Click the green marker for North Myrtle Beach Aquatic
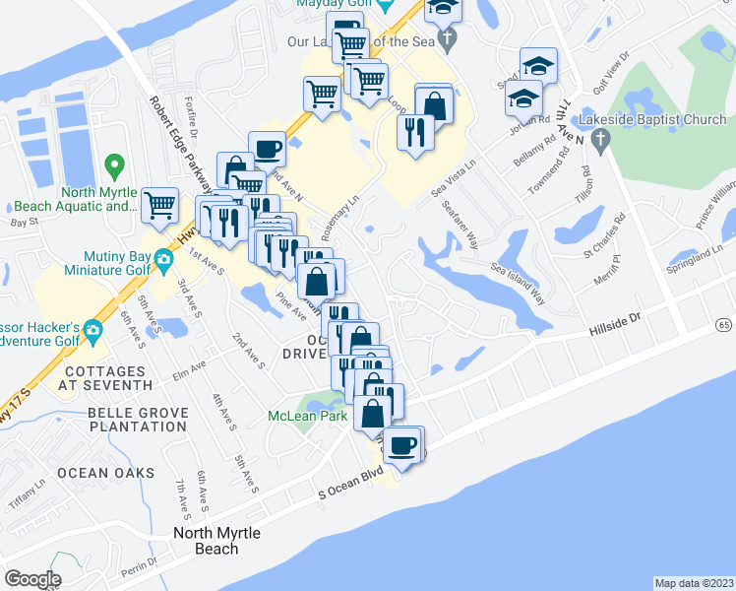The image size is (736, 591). point(114,166)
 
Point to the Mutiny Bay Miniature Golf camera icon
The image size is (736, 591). point(165,260)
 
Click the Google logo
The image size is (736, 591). point(32,579)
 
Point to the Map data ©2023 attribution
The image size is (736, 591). point(694,583)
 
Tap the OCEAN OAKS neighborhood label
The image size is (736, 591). point(105,473)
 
